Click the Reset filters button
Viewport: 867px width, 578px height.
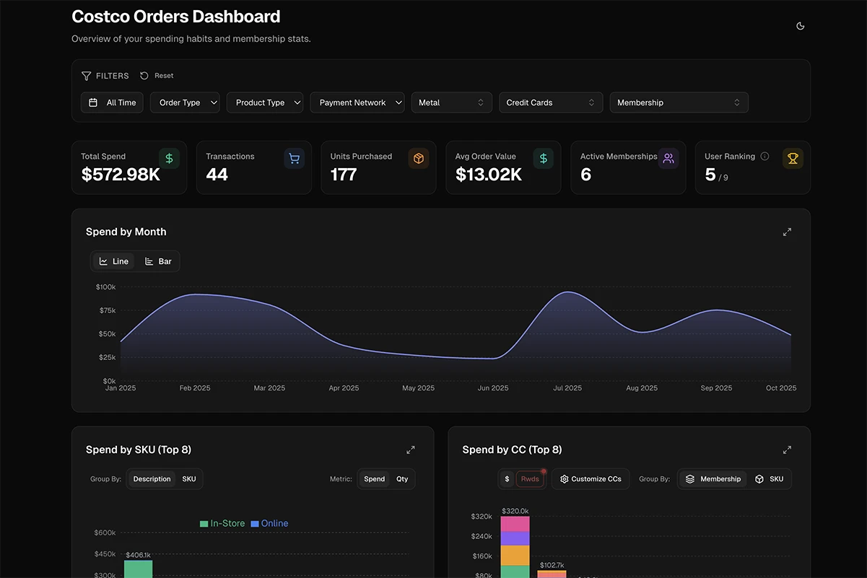157,76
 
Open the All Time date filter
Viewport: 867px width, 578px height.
113,102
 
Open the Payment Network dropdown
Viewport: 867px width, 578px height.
357,102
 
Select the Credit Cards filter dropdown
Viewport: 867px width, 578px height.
550,102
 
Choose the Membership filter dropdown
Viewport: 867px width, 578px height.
679,102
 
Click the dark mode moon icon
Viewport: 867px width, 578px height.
800,26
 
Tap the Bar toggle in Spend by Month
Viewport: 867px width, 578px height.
158,261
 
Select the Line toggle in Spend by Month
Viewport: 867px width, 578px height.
114,261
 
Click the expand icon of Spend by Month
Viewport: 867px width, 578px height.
787,232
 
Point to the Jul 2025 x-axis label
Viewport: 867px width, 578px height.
567,388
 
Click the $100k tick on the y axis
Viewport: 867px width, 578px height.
105,287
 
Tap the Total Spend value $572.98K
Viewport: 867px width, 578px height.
121,175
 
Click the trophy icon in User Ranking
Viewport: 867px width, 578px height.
793,159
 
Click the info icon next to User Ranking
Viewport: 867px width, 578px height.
764,157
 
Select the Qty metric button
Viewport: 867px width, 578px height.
402,479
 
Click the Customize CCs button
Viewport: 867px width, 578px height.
591,479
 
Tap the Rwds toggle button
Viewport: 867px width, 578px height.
530,479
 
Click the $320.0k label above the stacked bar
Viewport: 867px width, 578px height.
515,511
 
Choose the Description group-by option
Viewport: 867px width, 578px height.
152,479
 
